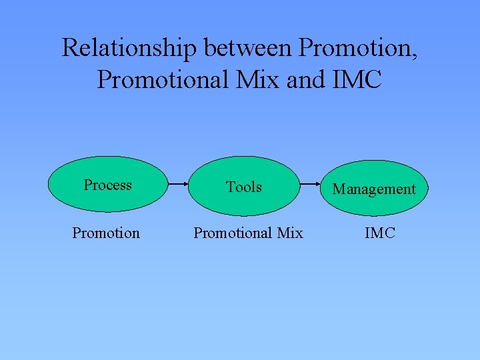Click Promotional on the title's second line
(x=165, y=79)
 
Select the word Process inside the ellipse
(x=107, y=185)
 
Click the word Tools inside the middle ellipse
(x=243, y=187)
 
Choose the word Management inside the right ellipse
(x=374, y=189)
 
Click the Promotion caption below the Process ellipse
(x=106, y=233)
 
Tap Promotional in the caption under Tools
(x=233, y=233)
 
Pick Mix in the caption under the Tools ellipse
(x=290, y=233)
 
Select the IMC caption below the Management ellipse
(x=380, y=233)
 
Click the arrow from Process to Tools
(x=177, y=184)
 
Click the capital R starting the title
(x=69, y=48)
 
